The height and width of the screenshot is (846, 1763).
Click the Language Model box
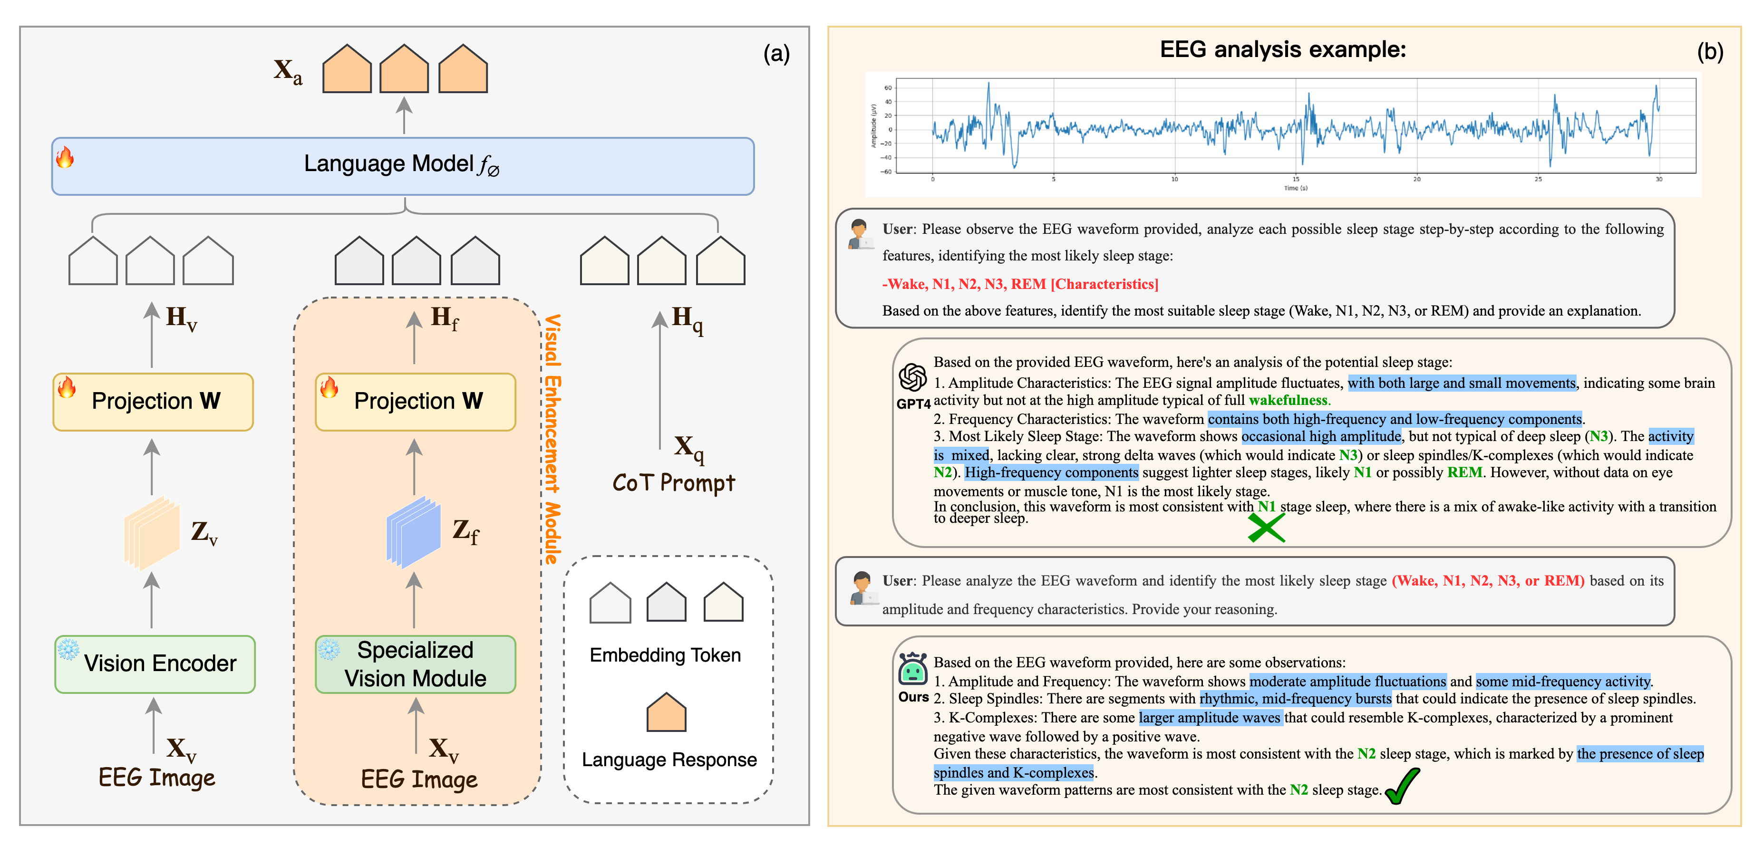click(402, 165)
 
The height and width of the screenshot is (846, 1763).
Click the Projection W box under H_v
click(153, 402)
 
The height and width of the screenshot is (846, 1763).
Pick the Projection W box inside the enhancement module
click(416, 402)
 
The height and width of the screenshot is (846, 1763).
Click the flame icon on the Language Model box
click(65, 157)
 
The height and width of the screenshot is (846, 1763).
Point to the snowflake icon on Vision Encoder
click(68, 648)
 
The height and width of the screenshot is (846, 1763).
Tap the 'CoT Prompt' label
click(673, 483)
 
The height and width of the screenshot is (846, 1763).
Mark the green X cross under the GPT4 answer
click(1266, 528)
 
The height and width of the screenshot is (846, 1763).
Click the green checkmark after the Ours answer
click(1402, 787)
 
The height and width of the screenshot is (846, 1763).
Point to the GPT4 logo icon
click(912, 377)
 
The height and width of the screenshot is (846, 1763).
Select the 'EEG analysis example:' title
click(1283, 49)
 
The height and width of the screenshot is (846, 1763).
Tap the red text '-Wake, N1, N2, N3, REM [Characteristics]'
click(1020, 284)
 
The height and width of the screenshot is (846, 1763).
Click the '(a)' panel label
click(776, 53)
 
